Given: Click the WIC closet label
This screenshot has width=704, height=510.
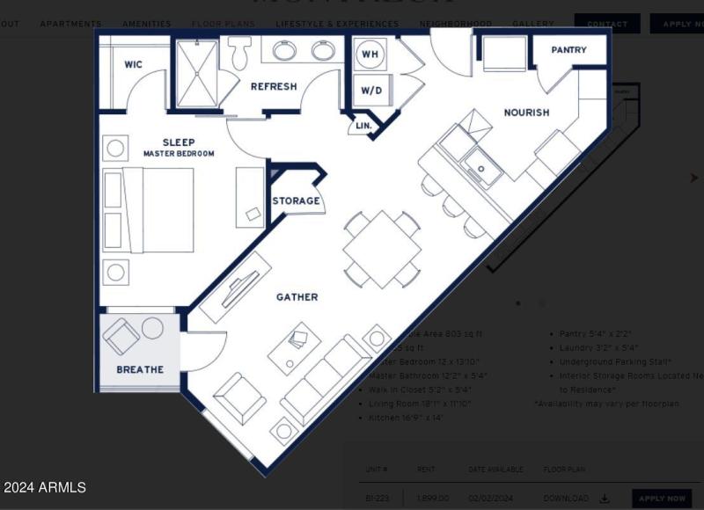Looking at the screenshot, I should [134, 64].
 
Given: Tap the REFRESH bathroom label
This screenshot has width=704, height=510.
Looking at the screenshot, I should [274, 86].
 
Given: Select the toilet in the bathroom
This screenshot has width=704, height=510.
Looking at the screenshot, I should [238, 54].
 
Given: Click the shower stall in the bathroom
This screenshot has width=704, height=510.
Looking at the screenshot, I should [198, 75].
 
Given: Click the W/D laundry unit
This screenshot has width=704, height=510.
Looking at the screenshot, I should [370, 91].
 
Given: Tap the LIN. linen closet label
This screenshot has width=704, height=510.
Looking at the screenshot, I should [363, 127].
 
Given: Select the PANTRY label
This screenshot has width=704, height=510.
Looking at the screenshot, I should [568, 50].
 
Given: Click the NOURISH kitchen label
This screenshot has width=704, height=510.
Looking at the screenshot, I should [526, 113].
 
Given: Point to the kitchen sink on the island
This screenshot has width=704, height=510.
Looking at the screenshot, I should [482, 166].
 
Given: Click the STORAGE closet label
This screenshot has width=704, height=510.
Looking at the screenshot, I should [296, 201].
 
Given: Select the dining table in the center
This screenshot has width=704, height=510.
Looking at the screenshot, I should [382, 249].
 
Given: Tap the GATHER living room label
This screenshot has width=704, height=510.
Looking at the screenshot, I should [297, 297].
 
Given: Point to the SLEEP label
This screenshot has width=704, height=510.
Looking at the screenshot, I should [179, 142].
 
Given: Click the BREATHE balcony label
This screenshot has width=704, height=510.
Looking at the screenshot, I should [140, 370].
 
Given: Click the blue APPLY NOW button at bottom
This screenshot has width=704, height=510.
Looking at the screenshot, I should [662, 499].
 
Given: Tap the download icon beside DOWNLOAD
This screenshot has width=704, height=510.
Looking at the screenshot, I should [605, 499].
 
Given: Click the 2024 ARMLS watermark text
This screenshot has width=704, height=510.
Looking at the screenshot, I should [45, 487].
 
